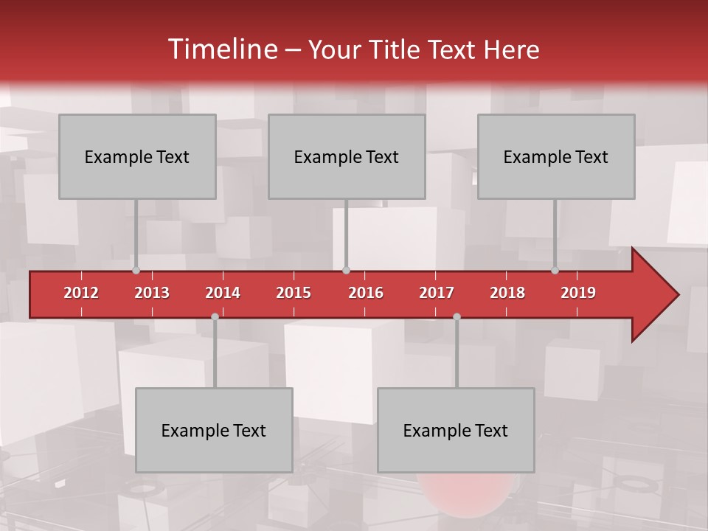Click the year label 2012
click(x=81, y=293)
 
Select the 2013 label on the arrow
click(x=152, y=293)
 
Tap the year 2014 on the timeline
click(x=223, y=293)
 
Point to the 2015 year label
click(x=294, y=293)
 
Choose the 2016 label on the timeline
click(x=366, y=293)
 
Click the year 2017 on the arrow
click(x=437, y=293)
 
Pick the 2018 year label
click(x=507, y=293)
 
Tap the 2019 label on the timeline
click(x=578, y=293)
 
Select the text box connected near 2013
click(x=137, y=156)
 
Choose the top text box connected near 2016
click(x=347, y=156)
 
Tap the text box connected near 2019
click(x=556, y=156)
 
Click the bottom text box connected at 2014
click(x=214, y=430)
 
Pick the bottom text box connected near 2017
click(x=456, y=430)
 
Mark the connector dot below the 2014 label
click(x=215, y=316)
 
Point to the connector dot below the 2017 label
click(x=457, y=316)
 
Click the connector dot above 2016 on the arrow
click(x=346, y=271)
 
